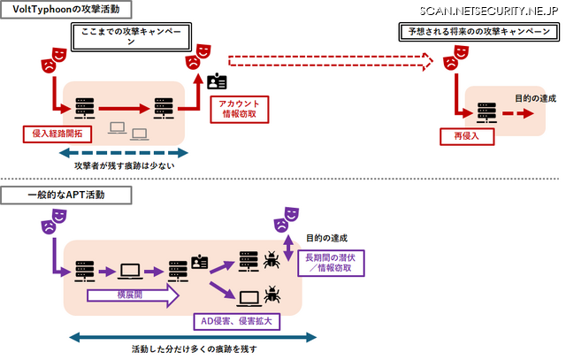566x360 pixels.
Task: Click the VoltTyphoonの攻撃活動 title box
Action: coord(67,11)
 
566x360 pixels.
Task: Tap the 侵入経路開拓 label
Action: coord(57,134)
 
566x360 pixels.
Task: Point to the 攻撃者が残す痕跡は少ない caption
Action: coord(128,165)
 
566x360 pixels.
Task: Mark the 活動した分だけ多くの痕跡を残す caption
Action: coord(193,349)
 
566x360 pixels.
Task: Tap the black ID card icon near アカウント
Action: coord(217,82)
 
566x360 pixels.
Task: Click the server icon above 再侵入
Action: coord(485,112)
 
